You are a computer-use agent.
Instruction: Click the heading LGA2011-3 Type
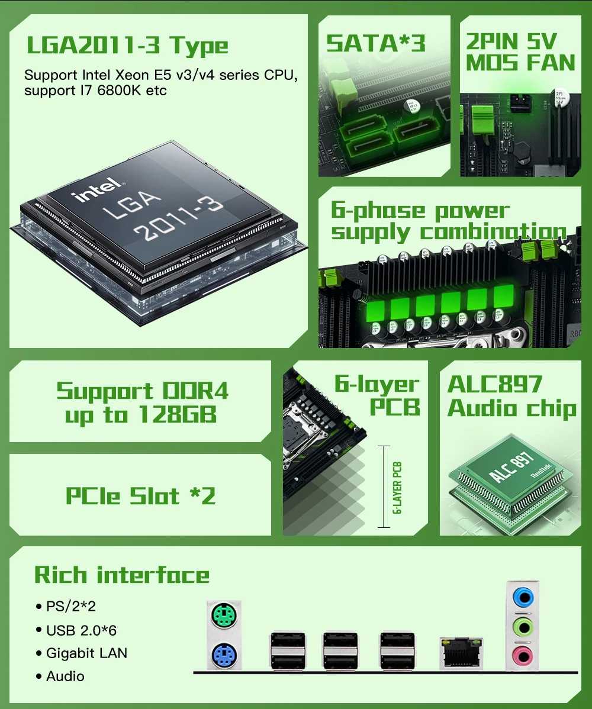pyautogui.click(x=127, y=46)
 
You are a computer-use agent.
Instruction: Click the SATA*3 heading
pyautogui.click(x=376, y=43)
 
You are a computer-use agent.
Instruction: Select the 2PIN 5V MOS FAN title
pyautogui.click(x=520, y=52)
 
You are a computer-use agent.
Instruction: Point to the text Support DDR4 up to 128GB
pyautogui.click(x=141, y=402)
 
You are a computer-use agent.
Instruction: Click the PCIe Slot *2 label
pyautogui.click(x=140, y=495)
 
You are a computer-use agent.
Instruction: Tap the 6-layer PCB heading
pyautogui.click(x=377, y=395)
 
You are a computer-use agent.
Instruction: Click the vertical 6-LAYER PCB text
pyautogui.click(x=397, y=486)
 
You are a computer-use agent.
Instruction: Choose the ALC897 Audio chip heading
pyautogui.click(x=511, y=396)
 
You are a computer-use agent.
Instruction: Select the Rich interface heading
pyautogui.click(x=122, y=575)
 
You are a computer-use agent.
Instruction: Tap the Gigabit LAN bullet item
pyautogui.click(x=86, y=653)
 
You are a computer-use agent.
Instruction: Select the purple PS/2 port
pyautogui.click(x=223, y=655)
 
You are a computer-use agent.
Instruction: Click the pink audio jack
pyautogui.click(x=522, y=655)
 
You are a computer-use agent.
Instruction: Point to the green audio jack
pyautogui.click(x=522, y=626)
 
